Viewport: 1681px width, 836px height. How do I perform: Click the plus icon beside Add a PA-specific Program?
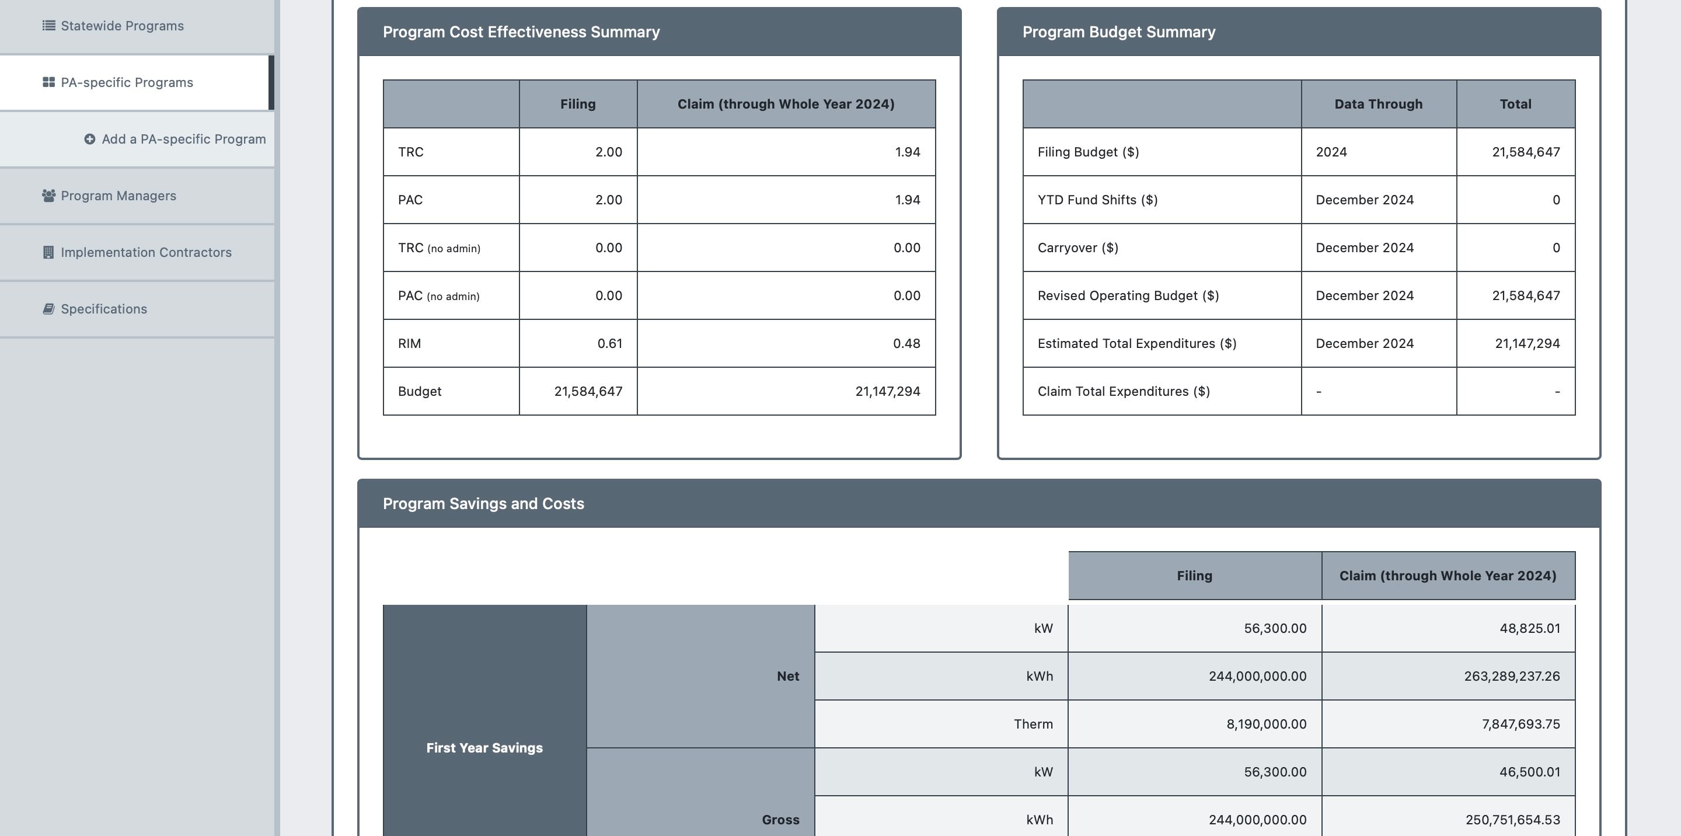[x=89, y=139]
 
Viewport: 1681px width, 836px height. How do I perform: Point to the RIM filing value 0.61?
[x=609, y=343]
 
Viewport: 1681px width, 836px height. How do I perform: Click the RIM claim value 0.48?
[x=906, y=343]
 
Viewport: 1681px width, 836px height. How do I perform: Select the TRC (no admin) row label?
[x=439, y=248]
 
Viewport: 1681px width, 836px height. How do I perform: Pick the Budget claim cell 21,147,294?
[x=887, y=392]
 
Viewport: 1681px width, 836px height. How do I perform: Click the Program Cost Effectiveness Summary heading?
[x=521, y=32]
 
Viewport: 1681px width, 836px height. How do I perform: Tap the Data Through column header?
[x=1378, y=104]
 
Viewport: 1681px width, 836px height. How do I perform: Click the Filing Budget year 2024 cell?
[x=1331, y=152]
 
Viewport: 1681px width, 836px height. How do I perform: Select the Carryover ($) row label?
[x=1078, y=248]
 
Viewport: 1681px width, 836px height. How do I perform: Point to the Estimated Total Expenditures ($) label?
[x=1137, y=344]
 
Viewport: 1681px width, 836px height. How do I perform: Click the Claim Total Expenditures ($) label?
[x=1124, y=392]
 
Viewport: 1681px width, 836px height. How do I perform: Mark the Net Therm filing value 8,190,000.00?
[x=1266, y=724]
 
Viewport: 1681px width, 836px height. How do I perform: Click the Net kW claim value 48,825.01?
[x=1530, y=629]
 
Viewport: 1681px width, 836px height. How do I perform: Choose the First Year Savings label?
[x=484, y=748]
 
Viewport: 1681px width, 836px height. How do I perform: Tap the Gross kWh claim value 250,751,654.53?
[x=1513, y=820]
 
